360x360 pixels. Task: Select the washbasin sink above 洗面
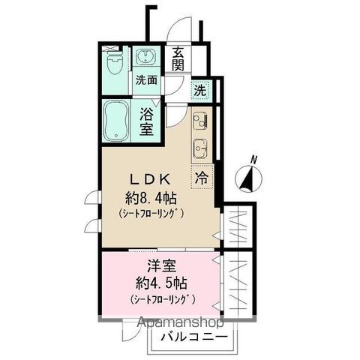[145, 58]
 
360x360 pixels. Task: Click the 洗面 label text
[145, 79]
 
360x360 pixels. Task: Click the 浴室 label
[148, 121]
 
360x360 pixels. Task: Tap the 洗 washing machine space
[199, 90]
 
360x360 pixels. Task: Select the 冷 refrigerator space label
[202, 178]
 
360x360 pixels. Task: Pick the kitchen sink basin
[201, 145]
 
